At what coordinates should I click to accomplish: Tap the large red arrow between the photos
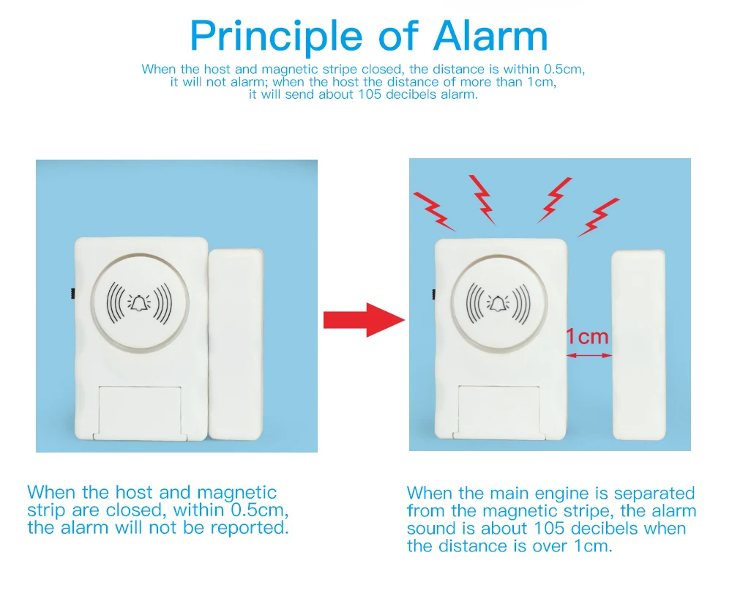click(364, 319)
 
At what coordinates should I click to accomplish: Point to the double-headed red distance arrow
click(589, 355)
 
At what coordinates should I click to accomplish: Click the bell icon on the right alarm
click(498, 302)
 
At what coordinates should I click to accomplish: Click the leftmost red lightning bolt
click(434, 209)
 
